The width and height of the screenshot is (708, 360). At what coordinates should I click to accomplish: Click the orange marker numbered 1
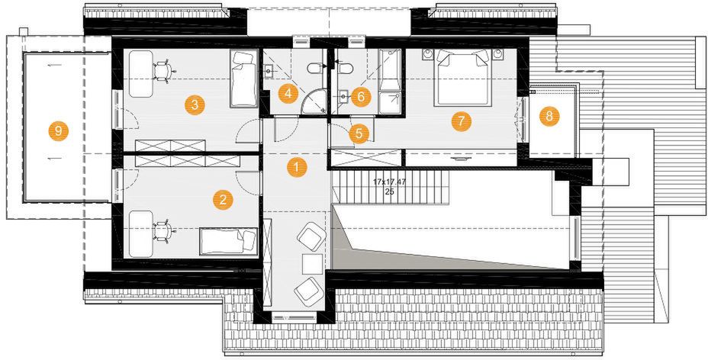tap(297, 167)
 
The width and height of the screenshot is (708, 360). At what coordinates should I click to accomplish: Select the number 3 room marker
tap(195, 105)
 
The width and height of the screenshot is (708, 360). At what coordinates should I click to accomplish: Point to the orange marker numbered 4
tap(288, 94)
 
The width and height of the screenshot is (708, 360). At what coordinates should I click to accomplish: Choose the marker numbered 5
tap(359, 134)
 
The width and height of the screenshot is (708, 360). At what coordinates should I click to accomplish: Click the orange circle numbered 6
tap(361, 97)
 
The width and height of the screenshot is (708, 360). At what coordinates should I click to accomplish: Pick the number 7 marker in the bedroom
tap(461, 121)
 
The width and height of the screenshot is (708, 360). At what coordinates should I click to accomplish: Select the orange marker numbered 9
tap(58, 131)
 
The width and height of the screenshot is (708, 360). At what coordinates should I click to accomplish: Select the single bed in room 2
tap(228, 241)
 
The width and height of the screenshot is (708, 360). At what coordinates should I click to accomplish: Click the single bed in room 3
tap(244, 79)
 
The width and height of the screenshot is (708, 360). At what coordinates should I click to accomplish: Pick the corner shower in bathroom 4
tap(313, 101)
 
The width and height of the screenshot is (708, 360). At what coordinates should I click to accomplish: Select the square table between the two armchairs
tap(313, 264)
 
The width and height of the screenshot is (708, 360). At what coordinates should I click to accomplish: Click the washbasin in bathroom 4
tap(269, 70)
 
